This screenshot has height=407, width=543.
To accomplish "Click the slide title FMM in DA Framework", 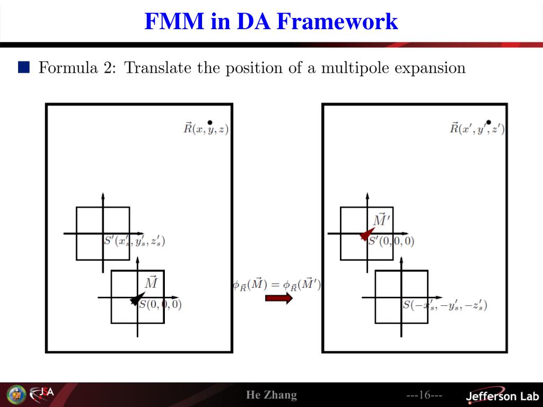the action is coord(271,22).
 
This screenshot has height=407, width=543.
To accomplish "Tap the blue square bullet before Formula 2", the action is coord(24,67).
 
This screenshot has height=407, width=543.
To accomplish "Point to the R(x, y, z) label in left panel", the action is coord(206,129).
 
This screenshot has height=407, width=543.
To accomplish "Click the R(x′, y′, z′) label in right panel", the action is coord(477,129).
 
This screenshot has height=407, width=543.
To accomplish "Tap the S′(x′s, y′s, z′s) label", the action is coord(134,241).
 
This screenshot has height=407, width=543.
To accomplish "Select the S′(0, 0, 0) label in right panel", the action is coord(391,242).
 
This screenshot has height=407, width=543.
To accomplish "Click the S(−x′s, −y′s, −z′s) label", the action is coord(444,305).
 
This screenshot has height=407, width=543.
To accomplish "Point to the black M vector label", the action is coord(151,282).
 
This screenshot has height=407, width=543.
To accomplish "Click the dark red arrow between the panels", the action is coord(278,298).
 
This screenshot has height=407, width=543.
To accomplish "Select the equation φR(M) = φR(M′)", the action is coord(276,285).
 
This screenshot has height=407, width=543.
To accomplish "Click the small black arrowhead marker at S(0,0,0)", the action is coord(137,299).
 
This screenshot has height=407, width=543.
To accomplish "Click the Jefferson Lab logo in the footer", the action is coord(502,396).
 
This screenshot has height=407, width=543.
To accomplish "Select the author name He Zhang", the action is coord(271,395).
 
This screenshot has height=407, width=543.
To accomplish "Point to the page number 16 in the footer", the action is coord(424,395).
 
